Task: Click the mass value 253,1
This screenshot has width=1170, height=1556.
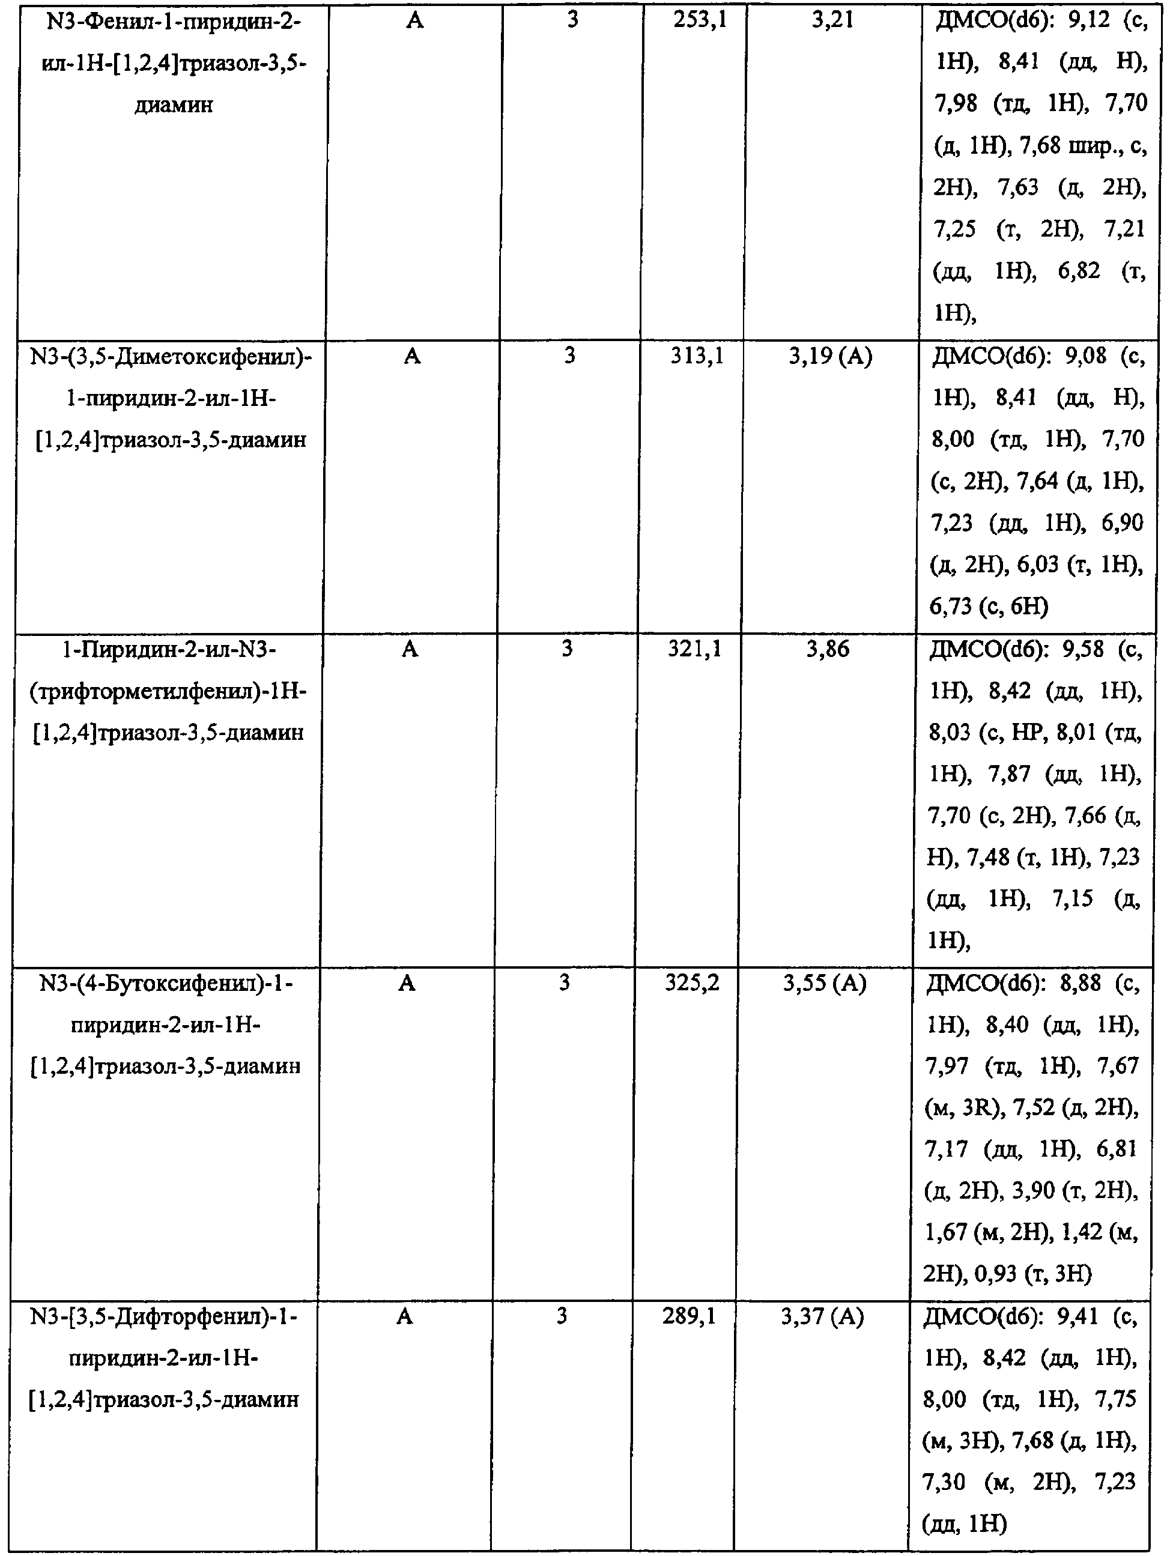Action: coord(699,20)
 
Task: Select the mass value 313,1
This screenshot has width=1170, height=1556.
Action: coord(697,356)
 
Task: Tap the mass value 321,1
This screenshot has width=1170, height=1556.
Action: coord(694,649)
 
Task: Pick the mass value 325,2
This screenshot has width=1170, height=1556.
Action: coord(693,982)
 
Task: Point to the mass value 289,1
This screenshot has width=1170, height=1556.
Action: coord(689,1316)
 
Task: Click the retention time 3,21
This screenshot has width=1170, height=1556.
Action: coord(832,20)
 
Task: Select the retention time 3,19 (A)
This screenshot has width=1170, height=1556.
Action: coord(830,356)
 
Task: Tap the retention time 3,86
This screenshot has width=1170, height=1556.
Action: coord(828,649)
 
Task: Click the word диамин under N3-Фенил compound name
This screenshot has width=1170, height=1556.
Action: coord(173,106)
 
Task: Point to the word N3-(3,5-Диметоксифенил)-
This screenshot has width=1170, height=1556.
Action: coord(172,357)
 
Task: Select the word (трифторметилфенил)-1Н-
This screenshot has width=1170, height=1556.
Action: coord(169,691)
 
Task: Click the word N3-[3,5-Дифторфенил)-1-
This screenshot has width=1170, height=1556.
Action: coord(164,1316)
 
